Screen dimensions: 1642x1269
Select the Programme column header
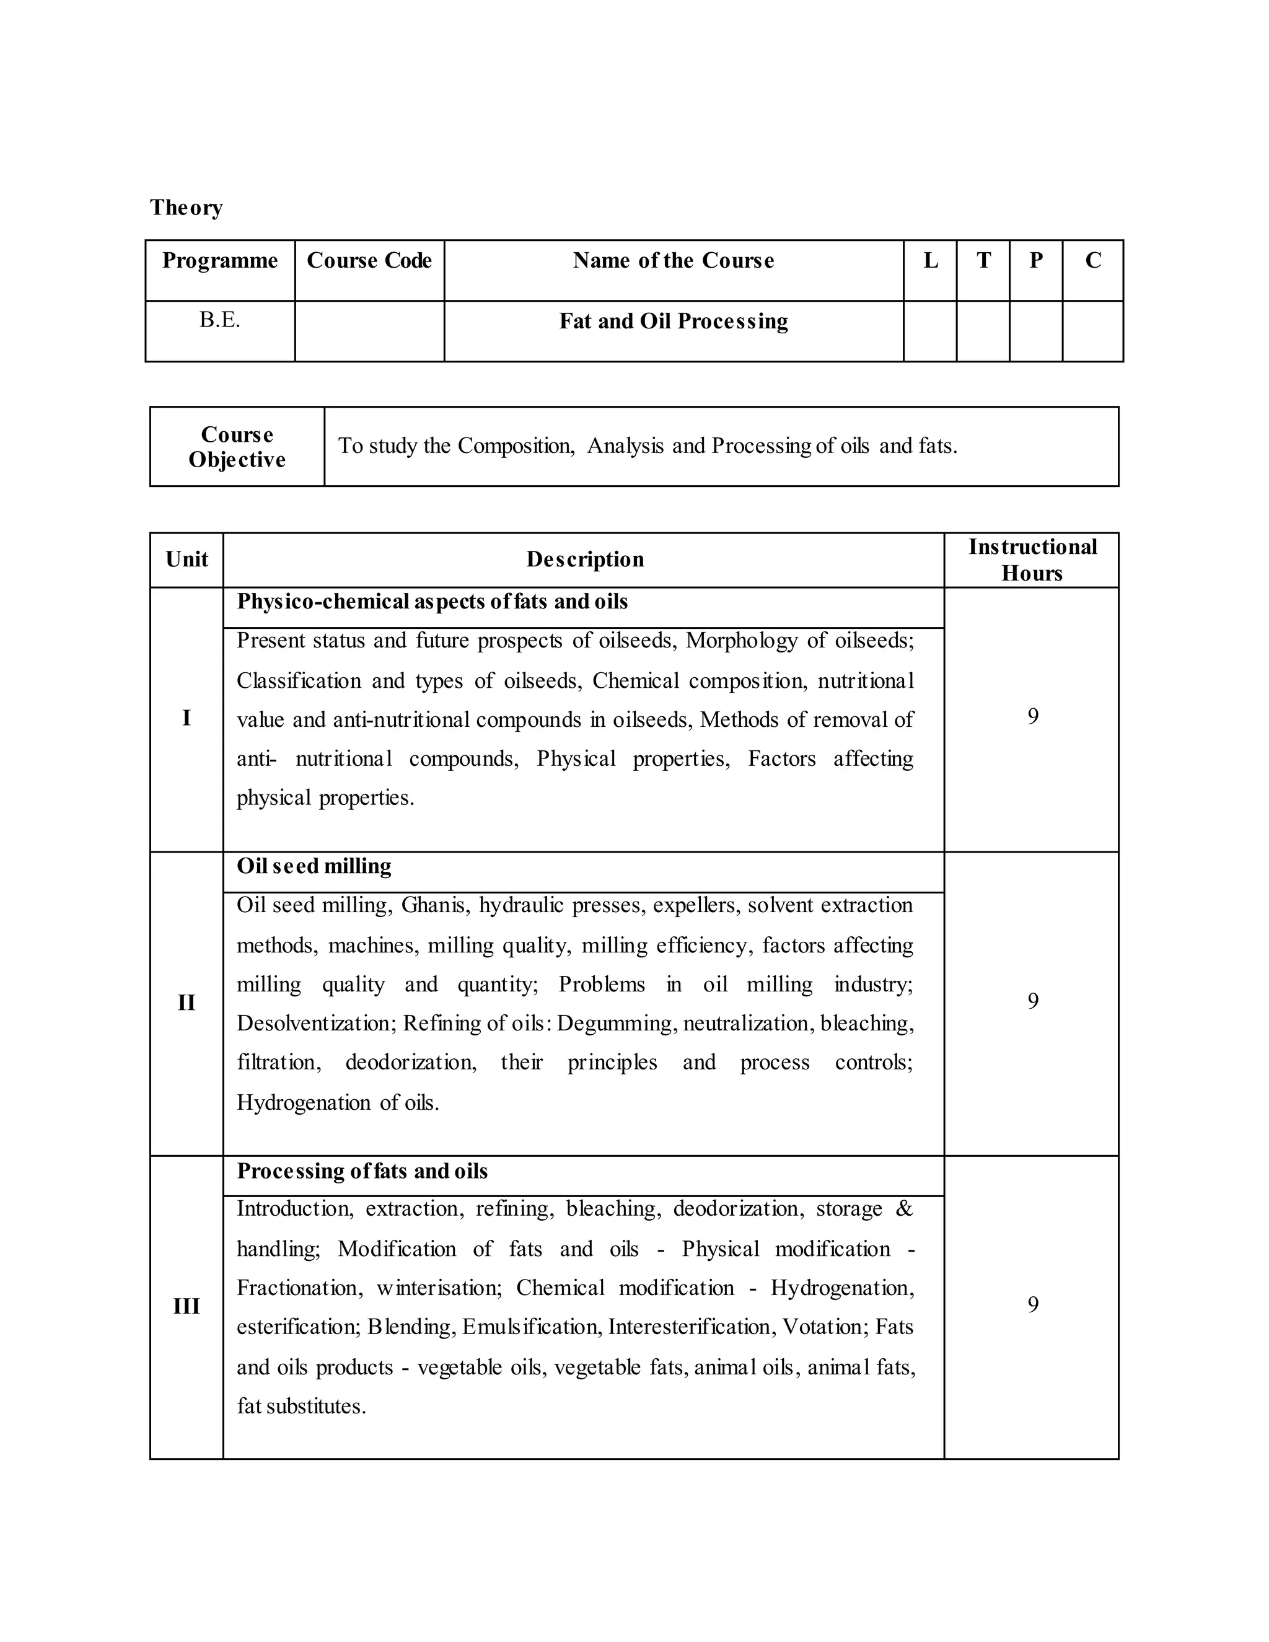click(219, 260)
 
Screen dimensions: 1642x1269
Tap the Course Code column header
click(369, 260)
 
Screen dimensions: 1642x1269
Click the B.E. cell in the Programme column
click(219, 320)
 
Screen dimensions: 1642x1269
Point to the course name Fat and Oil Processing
click(673, 321)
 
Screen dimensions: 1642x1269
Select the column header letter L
click(930, 260)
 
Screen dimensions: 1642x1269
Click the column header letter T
click(983, 260)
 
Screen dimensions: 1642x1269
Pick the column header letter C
click(1092, 260)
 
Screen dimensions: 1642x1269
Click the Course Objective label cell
click(237, 447)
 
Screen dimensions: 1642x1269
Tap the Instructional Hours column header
click(1032, 560)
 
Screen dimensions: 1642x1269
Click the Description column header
click(584, 560)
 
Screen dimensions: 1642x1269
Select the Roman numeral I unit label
click(187, 719)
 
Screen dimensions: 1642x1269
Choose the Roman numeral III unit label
click(187, 1307)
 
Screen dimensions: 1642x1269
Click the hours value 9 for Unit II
click(1032, 1001)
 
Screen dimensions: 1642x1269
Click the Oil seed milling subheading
click(314, 866)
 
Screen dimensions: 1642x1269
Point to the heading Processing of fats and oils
click(362, 1171)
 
